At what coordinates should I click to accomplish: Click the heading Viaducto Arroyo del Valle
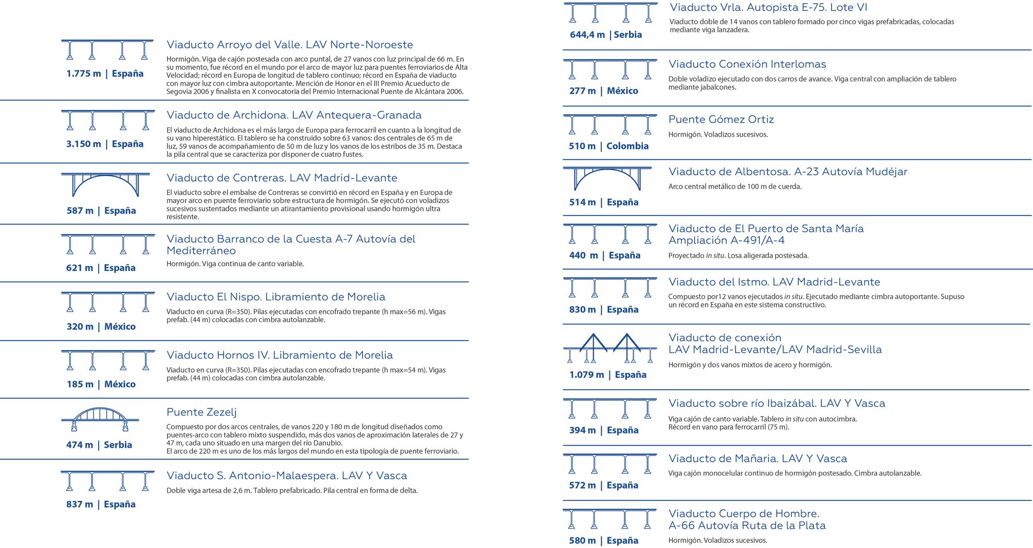click(290, 45)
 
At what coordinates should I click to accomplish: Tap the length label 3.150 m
click(83, 144)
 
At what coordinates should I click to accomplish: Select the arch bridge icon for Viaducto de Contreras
click(106, 185)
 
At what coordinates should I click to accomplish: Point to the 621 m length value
click(80, 268)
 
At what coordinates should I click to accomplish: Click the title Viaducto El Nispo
click(276, 297)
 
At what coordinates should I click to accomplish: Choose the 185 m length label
click(80, 384)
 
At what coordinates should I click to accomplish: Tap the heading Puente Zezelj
click(201, 412)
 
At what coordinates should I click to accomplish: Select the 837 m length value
click(80, 504)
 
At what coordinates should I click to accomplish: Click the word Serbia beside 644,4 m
click(628, 35)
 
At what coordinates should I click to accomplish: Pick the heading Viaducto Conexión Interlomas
click(747, 65)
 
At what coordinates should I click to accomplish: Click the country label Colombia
click(627, 146)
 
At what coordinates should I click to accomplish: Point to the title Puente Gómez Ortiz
click(721, 119)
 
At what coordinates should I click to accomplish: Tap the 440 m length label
click(583, 255)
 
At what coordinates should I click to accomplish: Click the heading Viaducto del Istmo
click(774, 282)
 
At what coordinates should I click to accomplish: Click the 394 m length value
click(582, 430)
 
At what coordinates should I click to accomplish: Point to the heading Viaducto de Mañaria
click(758, 459)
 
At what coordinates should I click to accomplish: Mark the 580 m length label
click(582, 541)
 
